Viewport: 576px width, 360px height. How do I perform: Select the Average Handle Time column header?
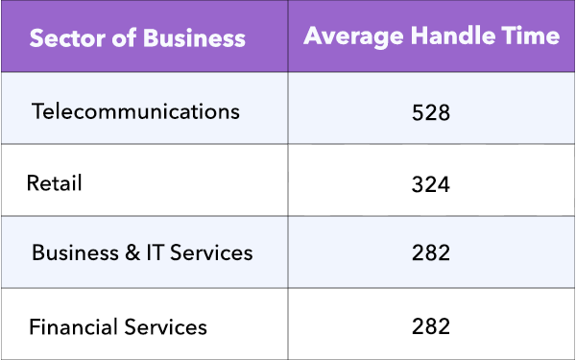pyautogui.click(x=431, y=36)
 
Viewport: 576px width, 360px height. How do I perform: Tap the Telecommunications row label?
pyautogui.click(x=135, y=110)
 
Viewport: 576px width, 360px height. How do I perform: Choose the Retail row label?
pyautogui.click(x=55, y=182)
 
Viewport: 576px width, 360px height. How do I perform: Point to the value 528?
pyautogui.click(x=430, y=112)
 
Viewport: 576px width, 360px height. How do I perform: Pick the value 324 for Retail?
pyautogui.click(x=430, y=183)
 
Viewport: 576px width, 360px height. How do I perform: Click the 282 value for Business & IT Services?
pyautogui.click(x=430, y=254)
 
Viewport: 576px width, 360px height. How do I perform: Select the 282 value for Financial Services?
pyautogui.click(x=430, y=326)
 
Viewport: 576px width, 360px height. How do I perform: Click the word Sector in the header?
pyautogui.click(x=64, y=39)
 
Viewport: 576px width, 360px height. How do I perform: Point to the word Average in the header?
pyautogui.click(x=348, y=36)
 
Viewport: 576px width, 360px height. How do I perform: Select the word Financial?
pyautogui.click(x=73, y=326)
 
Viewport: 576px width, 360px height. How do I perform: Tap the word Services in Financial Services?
pyautogui.click(x=165, y=326)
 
